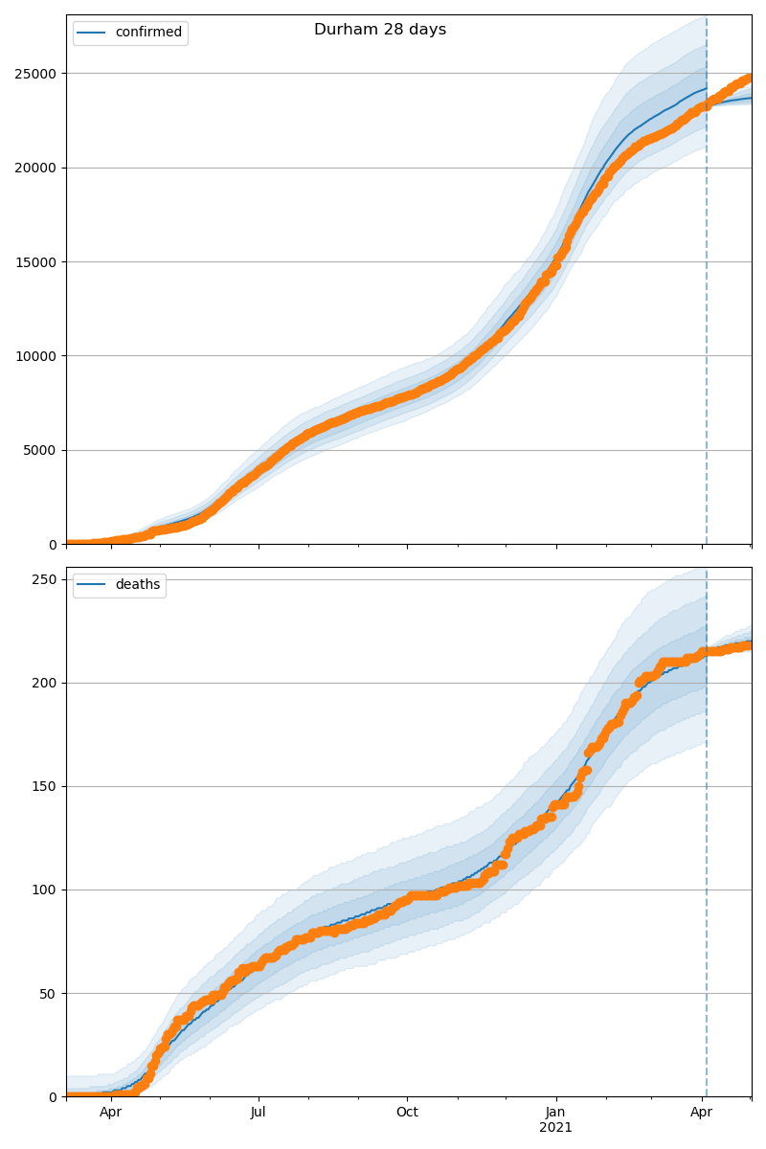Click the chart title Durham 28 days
click(380, 30)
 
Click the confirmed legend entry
click(147, 33)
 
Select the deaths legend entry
click(137, 585)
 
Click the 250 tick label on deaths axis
click(45, 579)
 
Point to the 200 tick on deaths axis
click(45, 683)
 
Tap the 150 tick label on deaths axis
click(45, 786)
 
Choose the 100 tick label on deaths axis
click(45, 890)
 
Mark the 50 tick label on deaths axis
click(49, 993)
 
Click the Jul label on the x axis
click(259, 1113)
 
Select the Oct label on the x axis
click(407, 1113)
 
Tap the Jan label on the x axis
click(555, 1113)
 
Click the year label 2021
click(555, 1128)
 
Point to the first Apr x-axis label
click(111, 1113)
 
